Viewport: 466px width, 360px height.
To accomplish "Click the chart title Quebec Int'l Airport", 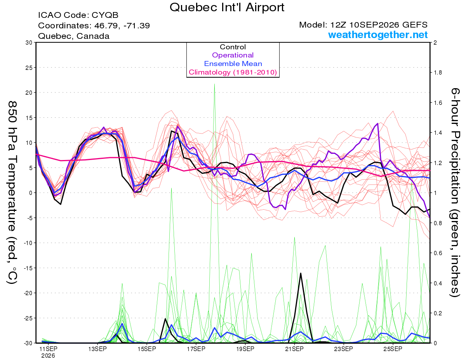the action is (x=227, y=7).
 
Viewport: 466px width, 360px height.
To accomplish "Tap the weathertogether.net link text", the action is (x=377, y=35).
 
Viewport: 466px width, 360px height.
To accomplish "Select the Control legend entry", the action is (x=233, y=47).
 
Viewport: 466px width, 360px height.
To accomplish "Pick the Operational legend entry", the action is (x=233, y=55).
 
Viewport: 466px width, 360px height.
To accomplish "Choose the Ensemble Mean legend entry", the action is (x=233, y=64).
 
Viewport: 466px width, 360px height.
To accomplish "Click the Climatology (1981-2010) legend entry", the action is (x=233, y=72).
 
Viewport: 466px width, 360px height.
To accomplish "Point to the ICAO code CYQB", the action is (x=105, y=15).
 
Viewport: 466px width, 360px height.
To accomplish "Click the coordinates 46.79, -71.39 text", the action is (x=122, y=26).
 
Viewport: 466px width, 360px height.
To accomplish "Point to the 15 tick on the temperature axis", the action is (x=29, y=118).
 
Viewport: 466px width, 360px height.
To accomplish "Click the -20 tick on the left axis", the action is (x=28, y=293).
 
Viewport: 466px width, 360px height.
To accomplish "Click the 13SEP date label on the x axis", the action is (x=97, y=349).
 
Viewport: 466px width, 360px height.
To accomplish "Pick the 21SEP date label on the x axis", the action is (x=294, y=349).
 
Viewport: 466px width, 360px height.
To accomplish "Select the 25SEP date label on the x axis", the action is (x=393, y=349).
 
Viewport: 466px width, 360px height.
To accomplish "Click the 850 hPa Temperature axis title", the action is (x=12, y=192).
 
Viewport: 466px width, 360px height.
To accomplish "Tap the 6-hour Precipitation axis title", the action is (x=455, y=192).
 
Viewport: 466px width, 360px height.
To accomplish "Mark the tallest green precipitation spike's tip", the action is (x=214, y=84).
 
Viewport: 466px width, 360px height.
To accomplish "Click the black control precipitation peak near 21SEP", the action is (x=301, y=273).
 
